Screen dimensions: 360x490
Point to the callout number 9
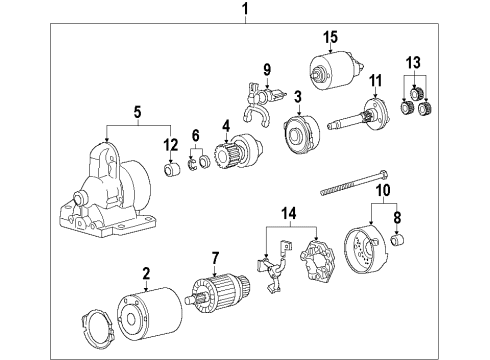click(266, 69)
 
